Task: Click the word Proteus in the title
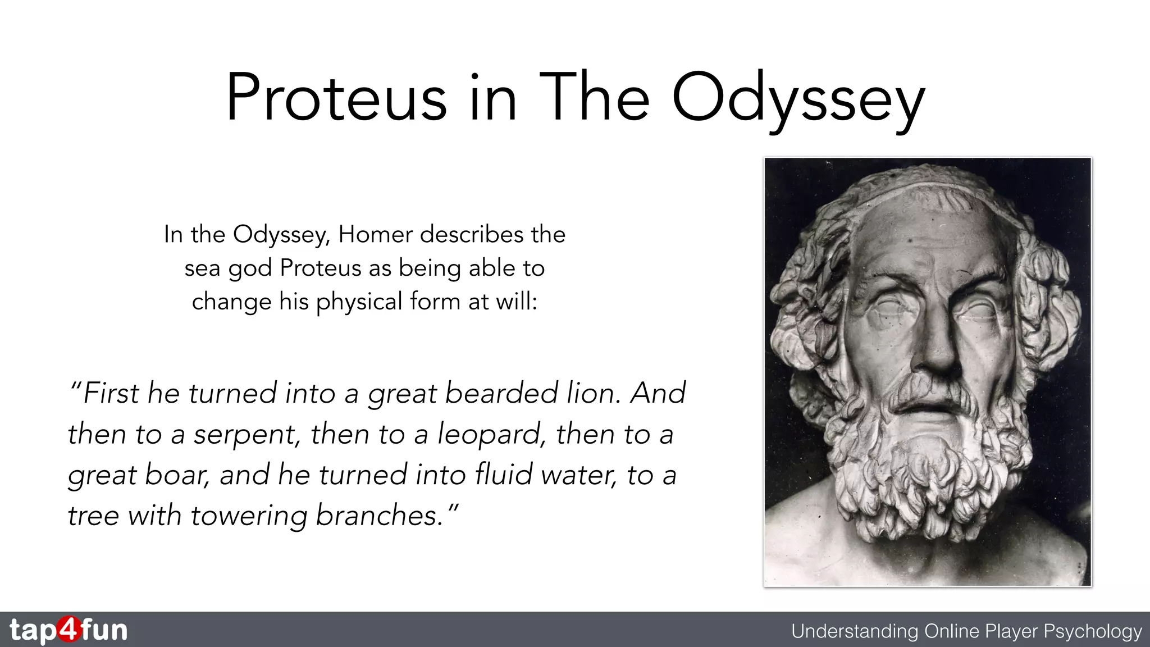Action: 336,98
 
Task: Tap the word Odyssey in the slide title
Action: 798,100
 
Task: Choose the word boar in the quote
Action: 177,475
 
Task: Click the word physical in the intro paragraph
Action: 359,302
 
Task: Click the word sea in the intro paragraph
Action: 202,268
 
